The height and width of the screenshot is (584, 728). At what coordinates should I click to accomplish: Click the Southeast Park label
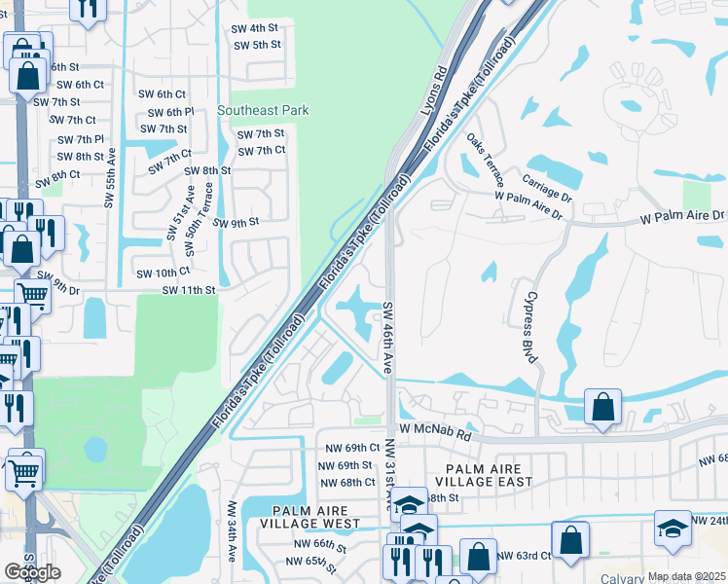coord(263,110)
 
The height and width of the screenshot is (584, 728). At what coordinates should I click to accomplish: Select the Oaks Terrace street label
coord(484,158)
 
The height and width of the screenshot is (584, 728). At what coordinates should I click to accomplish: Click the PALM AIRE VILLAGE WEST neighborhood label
coord(316,517)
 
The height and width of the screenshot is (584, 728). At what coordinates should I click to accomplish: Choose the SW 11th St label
coord(188,290)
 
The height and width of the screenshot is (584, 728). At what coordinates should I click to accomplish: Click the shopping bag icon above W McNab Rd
coord(602,406)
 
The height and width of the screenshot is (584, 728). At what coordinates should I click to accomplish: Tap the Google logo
coord(32,572)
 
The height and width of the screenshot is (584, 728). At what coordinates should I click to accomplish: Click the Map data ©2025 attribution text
coord(686,576)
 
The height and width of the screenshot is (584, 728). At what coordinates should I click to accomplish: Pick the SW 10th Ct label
coord(162,274)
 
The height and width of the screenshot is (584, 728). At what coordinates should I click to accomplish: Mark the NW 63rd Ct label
coord(524,557)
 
